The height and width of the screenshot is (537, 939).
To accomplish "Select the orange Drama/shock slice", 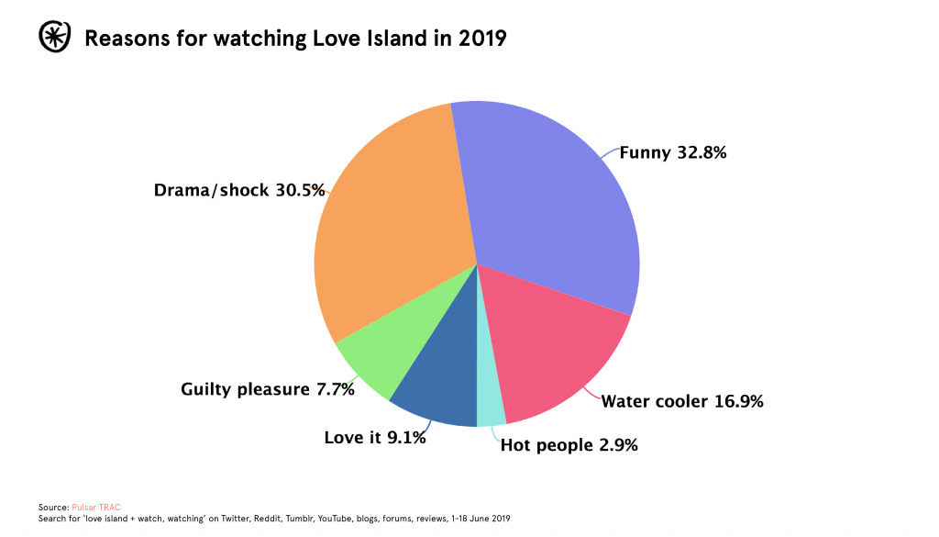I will click(x=394, y=229).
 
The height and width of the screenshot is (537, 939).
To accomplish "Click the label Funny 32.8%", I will click(x=673, y=153).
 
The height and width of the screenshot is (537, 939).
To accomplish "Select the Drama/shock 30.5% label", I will click(x=239, y=190).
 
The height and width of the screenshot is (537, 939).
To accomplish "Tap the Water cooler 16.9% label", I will click(x=682, y=400).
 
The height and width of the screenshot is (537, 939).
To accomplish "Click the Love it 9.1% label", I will click(x=375, y=438).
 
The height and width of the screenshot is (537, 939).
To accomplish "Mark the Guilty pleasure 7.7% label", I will click(x=268, y=389).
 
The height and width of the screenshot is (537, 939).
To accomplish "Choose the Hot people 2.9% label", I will click(x=569, y=445).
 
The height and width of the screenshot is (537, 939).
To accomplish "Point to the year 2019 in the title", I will click(x=480, y=39).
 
